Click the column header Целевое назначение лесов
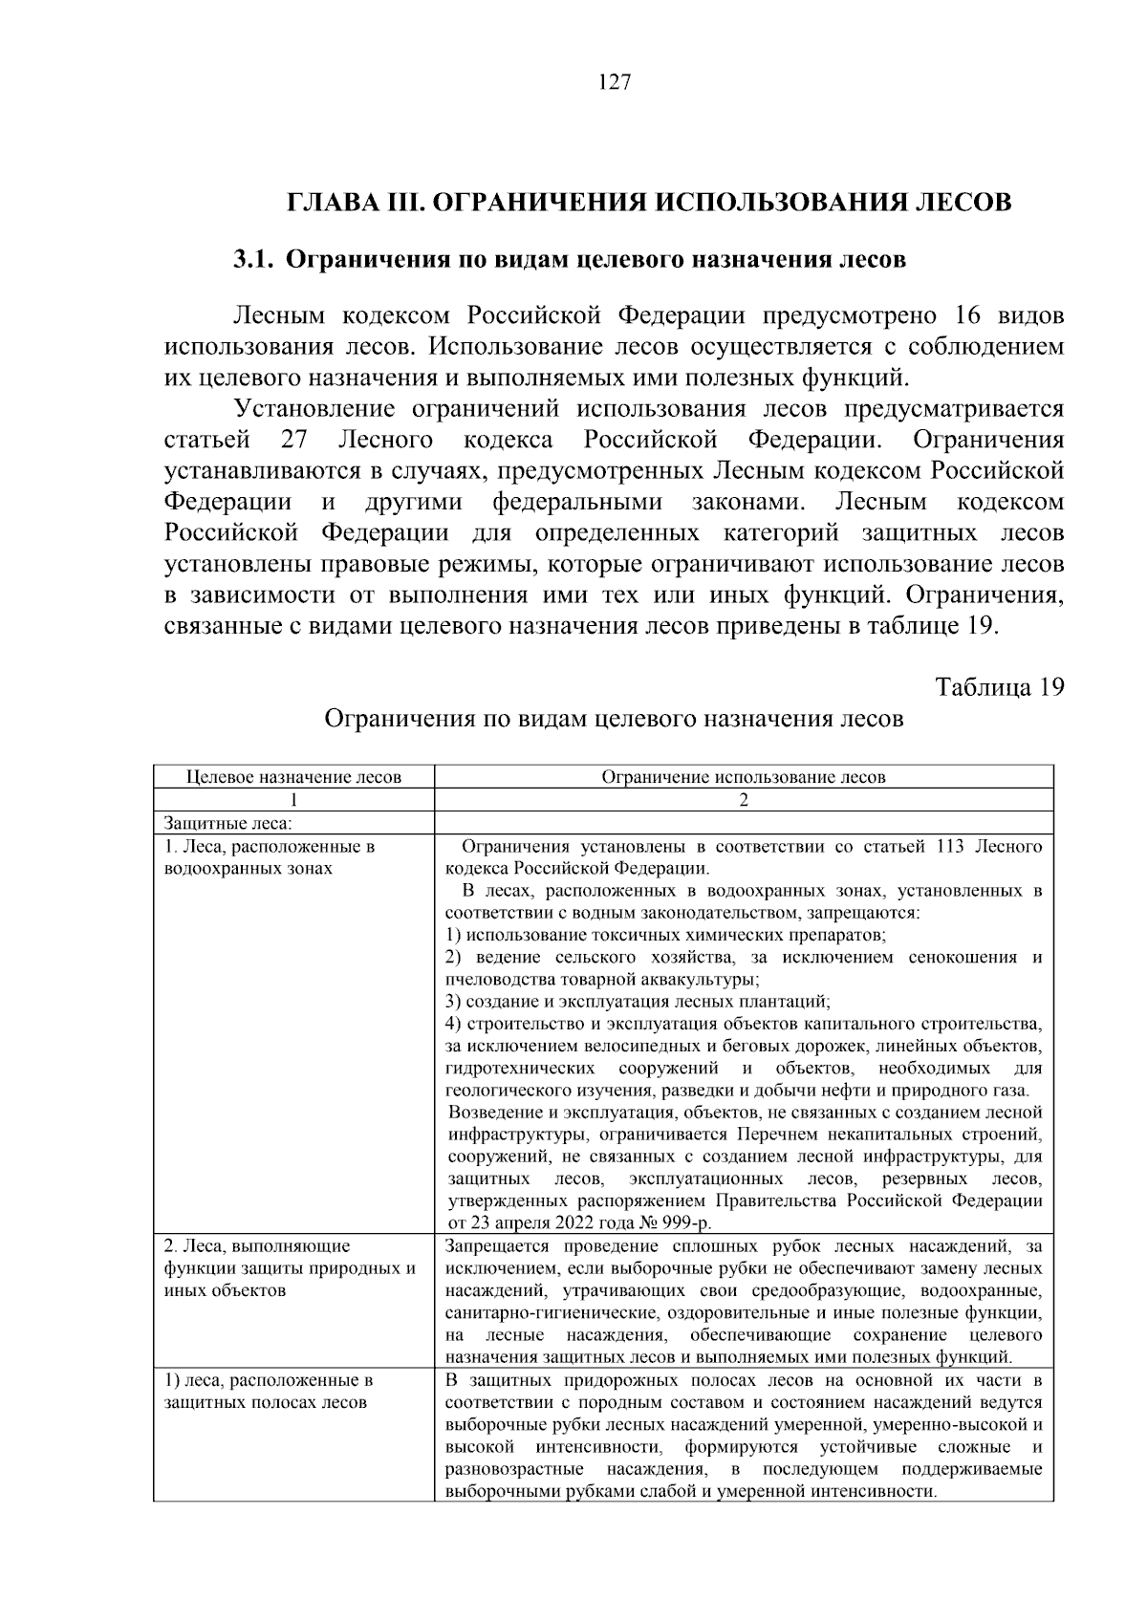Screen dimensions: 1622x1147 click(293, 777)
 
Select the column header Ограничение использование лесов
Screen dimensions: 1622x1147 click(743, 777)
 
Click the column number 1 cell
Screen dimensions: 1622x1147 click(293, 800)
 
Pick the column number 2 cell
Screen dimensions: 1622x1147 click(743, 800)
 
